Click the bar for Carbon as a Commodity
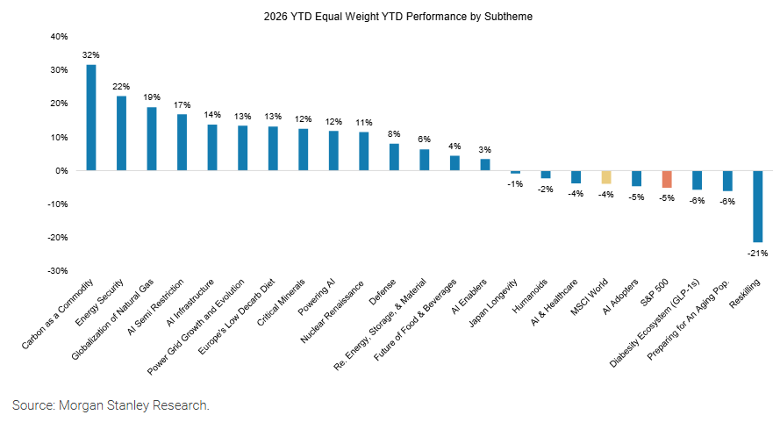[91, 118]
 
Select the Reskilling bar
[757, 206]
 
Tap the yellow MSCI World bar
[605, 177]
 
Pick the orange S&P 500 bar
[667, 179]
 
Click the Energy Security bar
[121, 133]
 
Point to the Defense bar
[394, 157]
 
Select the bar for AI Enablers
[485, 165]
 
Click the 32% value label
[90, 54]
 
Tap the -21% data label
[757, 253]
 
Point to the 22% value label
[121, 86]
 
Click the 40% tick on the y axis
[59, 37]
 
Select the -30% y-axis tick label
[57, 271]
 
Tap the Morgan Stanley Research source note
[111, 405]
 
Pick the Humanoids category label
[532, 298]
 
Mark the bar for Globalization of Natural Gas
[152, 139]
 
